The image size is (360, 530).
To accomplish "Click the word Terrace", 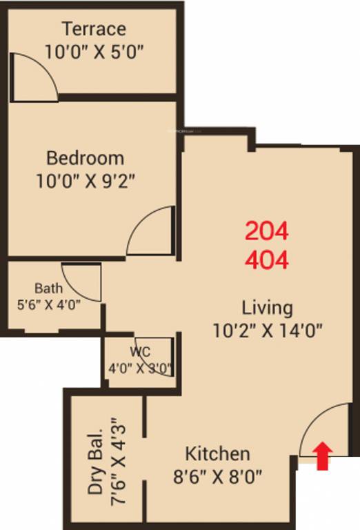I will [94, 29].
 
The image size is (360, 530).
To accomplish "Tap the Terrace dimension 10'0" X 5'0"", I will [97, 51].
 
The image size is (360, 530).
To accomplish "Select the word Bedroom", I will [85, 158].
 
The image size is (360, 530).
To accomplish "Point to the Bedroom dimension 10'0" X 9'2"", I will [85, 181].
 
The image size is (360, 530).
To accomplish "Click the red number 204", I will [266, 231].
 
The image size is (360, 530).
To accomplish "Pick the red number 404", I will [266, 259].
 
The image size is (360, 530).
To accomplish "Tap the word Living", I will [267, 307].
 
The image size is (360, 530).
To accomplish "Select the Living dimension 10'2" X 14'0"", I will [268, 331].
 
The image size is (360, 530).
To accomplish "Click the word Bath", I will [48, 288].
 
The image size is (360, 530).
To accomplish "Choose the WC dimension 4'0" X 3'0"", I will [140, 367].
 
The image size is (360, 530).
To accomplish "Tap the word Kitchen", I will [217, 454].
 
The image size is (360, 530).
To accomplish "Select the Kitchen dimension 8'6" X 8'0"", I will [217, 477].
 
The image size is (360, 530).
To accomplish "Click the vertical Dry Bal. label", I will [95, 462].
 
